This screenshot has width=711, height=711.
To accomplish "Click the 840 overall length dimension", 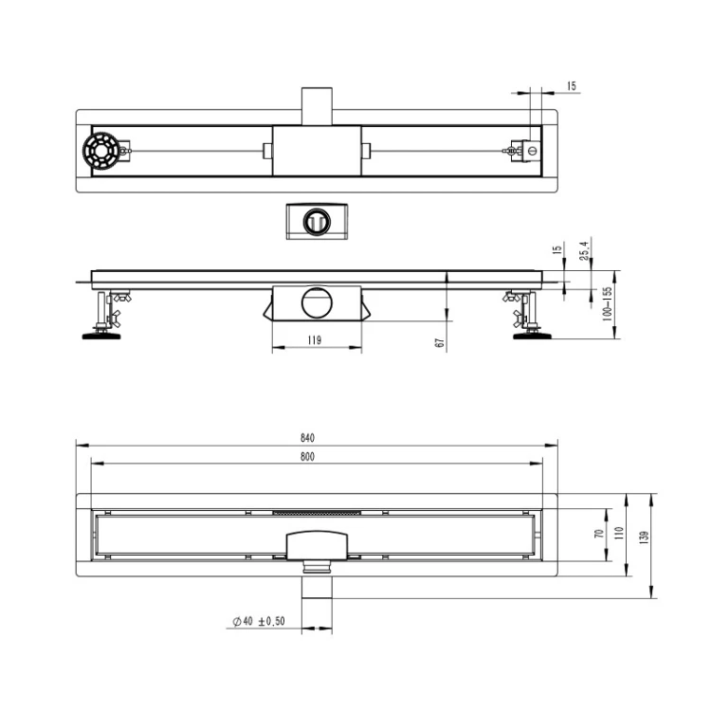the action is coord(307,438).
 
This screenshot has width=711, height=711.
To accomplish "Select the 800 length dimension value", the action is coord(307,457).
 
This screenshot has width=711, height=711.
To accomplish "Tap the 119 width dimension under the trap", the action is coord(314,340).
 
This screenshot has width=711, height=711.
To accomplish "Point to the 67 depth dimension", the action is coord(439,343).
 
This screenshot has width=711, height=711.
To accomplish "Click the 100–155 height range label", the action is coord(607,303).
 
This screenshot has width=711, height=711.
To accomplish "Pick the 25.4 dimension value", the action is coord(584,250).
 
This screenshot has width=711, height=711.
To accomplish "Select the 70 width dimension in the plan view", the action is coord(599,534).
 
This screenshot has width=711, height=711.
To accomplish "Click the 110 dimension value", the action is coord(619,533).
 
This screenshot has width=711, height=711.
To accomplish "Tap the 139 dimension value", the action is coord(644,538).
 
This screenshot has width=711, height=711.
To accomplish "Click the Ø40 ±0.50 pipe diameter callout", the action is coord(259,621).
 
